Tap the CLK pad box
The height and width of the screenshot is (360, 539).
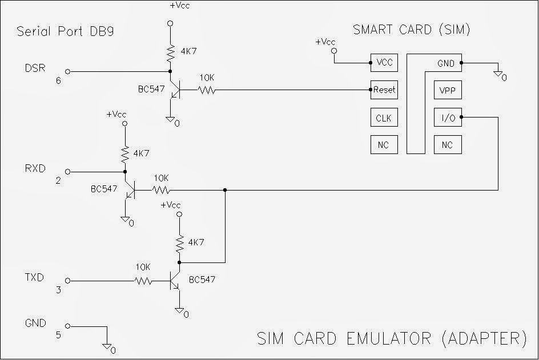383,118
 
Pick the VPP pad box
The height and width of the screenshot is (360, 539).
447,91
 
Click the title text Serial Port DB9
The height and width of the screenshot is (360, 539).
65,31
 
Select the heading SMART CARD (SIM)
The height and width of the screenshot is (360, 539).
411,30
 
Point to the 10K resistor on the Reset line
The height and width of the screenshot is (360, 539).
207,90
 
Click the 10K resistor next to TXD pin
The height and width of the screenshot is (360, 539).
143,281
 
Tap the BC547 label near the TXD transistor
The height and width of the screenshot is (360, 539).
204,280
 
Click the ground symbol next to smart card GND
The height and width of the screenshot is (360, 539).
498,73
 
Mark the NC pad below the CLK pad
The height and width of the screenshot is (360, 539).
383,145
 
